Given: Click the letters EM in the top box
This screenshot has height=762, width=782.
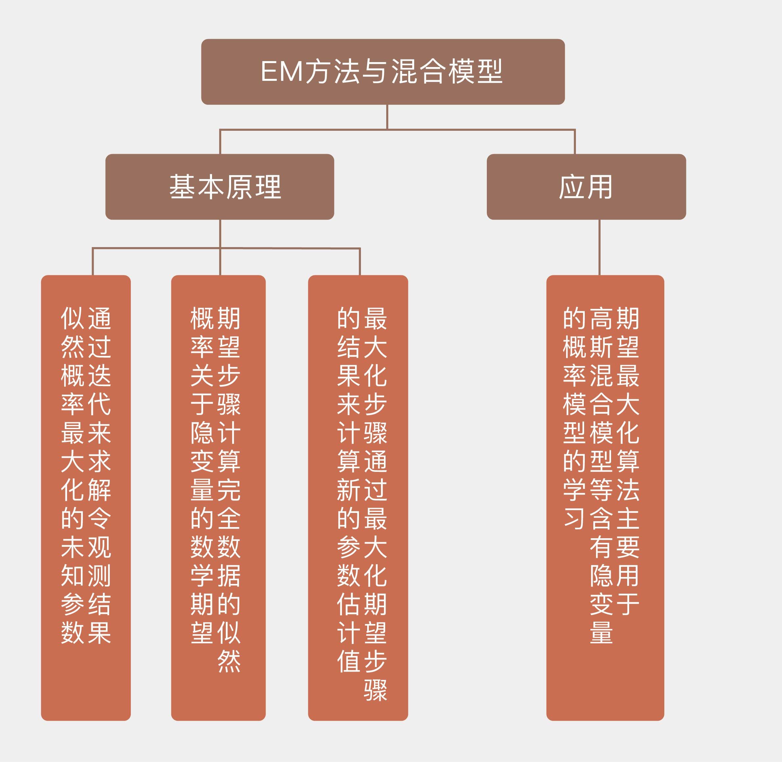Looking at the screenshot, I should (281, 72).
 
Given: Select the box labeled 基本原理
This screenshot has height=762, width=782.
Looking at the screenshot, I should (220, 187).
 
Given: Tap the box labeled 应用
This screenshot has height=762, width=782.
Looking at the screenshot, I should (586, 187).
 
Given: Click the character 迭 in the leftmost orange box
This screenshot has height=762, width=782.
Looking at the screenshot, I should (99, 375).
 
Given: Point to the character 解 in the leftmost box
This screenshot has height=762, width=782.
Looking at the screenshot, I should (99, 490).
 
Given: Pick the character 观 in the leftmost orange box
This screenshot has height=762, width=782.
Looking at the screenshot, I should (99, 547).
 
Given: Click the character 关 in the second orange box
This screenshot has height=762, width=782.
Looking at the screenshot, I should (202, 375).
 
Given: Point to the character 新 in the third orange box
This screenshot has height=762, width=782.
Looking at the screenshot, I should (349, 490).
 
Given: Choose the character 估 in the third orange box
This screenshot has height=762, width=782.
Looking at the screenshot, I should (349, 604).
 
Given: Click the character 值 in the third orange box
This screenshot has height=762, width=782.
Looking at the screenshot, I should (349, 661).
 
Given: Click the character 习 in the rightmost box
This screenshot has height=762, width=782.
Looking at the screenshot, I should (575, 519).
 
